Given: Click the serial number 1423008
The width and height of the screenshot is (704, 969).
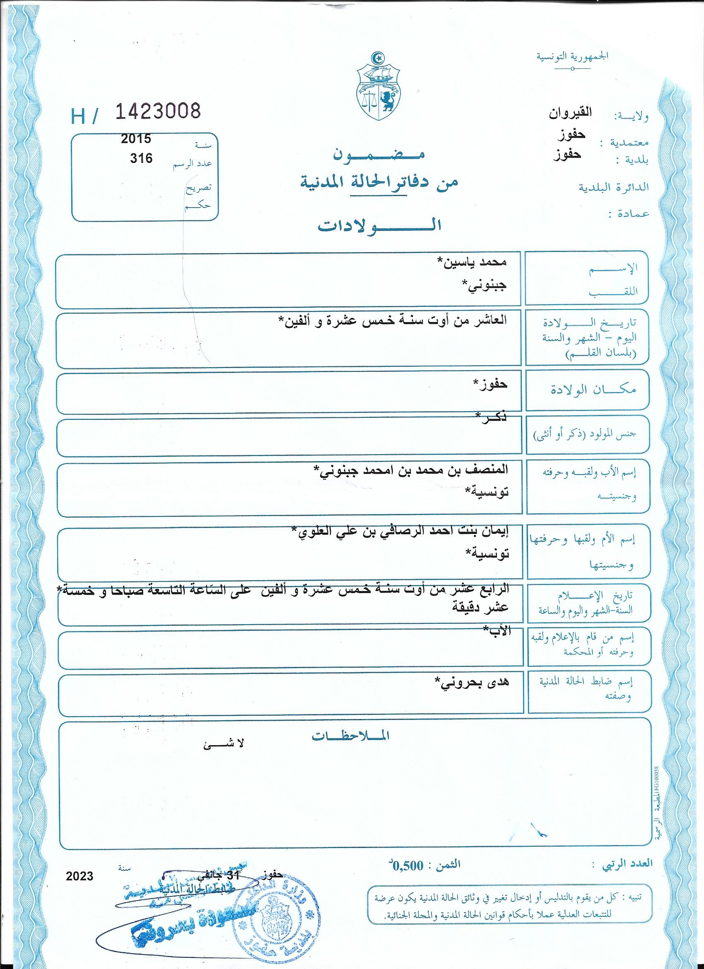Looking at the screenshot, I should pyautogui.click(x=158, y=111).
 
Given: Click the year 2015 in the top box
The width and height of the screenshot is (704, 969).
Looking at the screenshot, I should pyautogui.click(x=136, y=139).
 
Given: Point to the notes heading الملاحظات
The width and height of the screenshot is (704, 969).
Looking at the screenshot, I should pyautogui.click(x=351, y=736).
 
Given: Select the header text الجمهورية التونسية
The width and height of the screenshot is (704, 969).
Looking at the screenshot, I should pyautogui.click(x=572, y=56).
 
